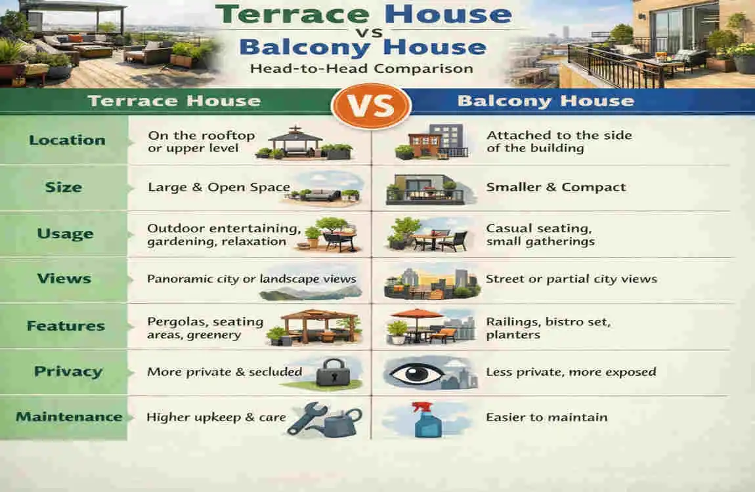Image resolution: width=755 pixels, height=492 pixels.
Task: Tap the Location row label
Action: coord(67,140)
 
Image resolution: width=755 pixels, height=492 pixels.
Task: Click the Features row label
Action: coord(66,325)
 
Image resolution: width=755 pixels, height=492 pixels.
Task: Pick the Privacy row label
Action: coord(68,371)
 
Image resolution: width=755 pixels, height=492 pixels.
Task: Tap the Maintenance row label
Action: coord(69,417)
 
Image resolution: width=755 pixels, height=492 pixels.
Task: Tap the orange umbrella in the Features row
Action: coord(418,314)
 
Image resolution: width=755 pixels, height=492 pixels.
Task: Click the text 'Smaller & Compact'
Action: coord(556,187)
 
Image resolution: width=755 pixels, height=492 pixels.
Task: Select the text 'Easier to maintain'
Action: coord(546,417)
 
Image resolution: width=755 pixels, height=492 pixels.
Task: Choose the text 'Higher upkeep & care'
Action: coord(216,417)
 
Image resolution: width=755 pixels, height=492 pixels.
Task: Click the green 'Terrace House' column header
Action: coord(174,101)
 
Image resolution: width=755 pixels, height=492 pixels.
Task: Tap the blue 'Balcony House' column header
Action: coord(546,101)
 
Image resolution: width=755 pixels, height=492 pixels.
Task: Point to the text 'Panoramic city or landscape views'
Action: coord(251,279)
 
